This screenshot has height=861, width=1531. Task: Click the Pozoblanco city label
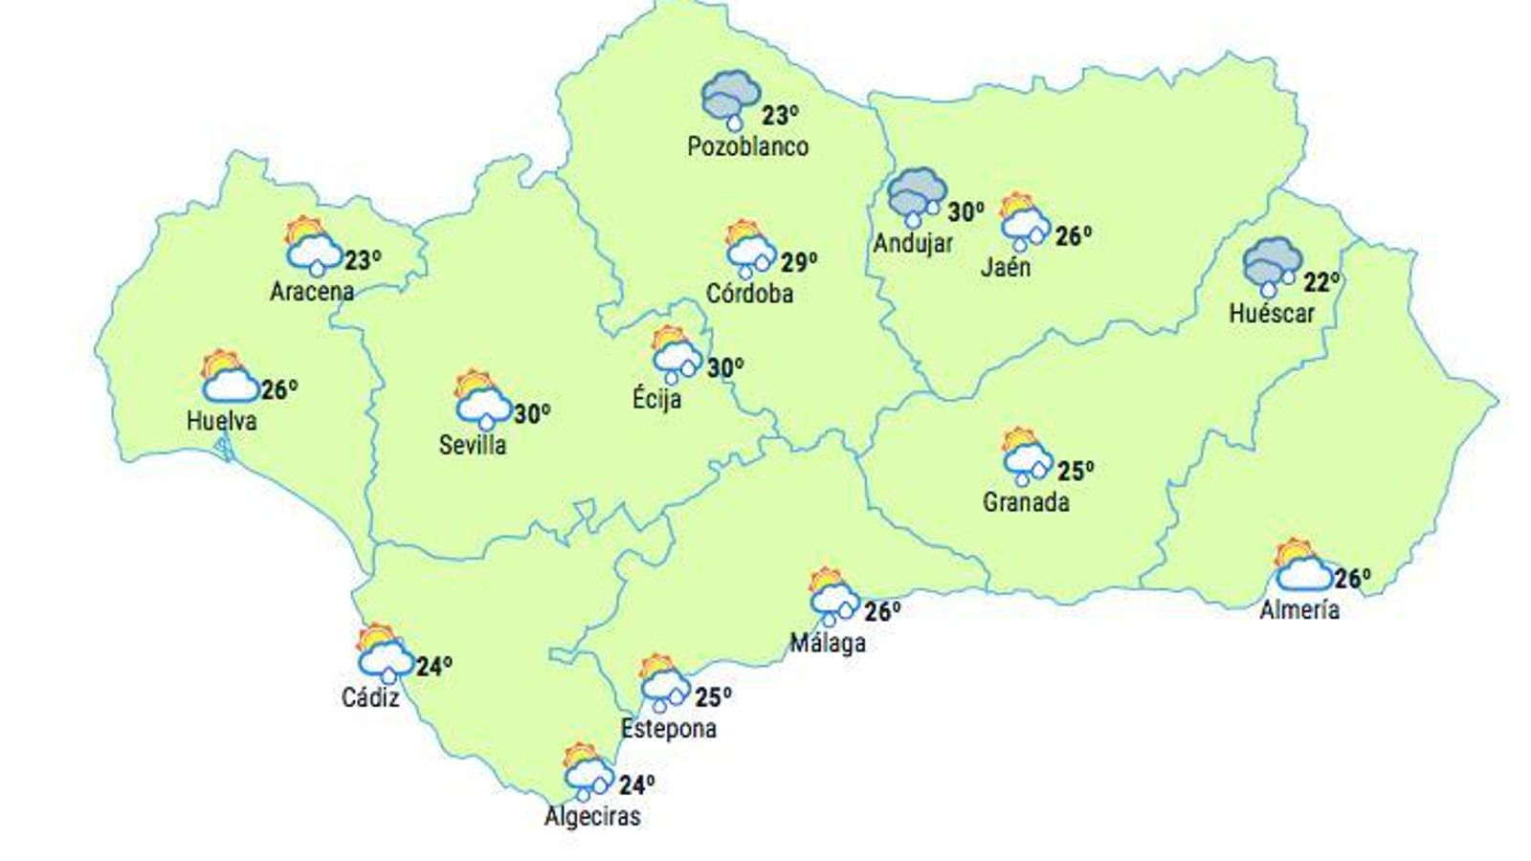[x=747, y=147]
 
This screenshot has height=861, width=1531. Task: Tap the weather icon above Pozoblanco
[x=731, y=99]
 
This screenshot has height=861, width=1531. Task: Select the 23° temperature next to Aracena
[x=363, y=260]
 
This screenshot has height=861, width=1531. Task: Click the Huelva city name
[x=222, y=420]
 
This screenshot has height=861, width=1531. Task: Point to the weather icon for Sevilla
[x=483, y=399]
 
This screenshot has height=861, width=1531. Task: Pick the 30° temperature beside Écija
[x=725, y=367]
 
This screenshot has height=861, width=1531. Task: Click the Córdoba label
[x=749, y=294]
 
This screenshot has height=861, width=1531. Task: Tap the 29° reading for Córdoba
[x=799, y=262]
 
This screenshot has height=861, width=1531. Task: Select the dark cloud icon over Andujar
[x=917, y=199]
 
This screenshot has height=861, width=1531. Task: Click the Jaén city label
[x=1006, y=267]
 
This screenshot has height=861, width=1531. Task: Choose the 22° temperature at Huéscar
[x=1321, y=283]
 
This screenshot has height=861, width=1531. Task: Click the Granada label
[x=1026, y=502]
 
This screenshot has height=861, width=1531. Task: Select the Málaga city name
[x=828, y=643]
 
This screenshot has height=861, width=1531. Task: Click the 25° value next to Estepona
[x=713, y=697]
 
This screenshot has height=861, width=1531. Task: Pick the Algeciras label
[x=592, y=816]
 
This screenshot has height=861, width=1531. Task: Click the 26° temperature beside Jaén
[x=1074, y=235]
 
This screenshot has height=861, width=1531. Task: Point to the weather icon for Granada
[x=1027, y=454]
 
